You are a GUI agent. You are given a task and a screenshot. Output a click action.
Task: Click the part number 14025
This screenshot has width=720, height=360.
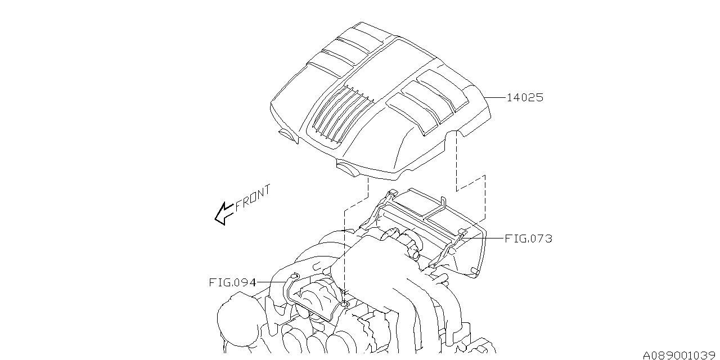tap(525, 97)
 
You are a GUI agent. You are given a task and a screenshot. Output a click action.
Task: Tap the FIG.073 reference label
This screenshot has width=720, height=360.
tap(528, 238)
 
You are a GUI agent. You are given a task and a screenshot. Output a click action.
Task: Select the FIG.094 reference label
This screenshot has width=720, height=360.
tap(232, 282)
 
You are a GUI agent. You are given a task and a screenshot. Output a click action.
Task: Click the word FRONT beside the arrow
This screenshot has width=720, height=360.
tap(253, 197)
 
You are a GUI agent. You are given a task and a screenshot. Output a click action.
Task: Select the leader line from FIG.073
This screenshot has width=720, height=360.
tap(483, 238)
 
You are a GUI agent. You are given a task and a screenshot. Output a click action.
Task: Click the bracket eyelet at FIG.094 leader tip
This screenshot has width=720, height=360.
tap(294, 275)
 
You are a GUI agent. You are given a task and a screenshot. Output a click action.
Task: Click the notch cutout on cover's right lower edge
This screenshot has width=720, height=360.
tap(456, 133)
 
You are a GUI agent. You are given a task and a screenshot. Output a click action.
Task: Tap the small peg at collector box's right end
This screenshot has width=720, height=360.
tap(475, 272)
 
